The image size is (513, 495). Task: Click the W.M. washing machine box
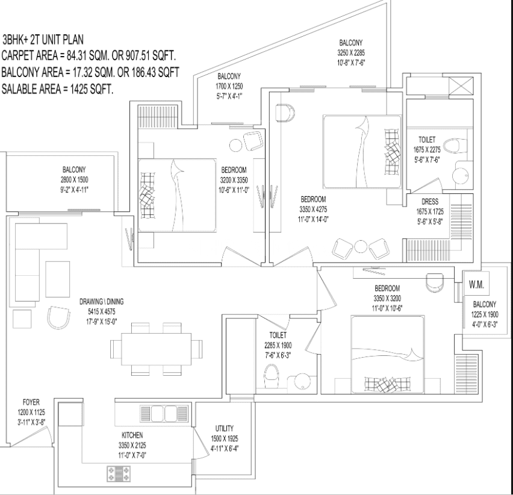click(x=476, y=284)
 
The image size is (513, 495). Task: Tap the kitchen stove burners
click(x=119, y=474)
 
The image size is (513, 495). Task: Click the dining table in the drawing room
click(x=157, y=349)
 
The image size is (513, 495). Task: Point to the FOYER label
click(x=31, y=402)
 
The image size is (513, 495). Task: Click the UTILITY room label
click(x=225, y=428)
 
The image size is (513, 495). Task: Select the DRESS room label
click(x=430, y=202)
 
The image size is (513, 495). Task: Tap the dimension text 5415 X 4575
click(x=101, y=312)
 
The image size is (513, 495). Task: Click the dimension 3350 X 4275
click(x=313, y=210)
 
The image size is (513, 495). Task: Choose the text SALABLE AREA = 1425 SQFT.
click(x=58, y=89)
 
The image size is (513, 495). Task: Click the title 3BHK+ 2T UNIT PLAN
click(x=43, y=40)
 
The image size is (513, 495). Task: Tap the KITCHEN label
click(x=132, y=435)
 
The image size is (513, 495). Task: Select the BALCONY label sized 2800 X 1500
click(x=74, y=169)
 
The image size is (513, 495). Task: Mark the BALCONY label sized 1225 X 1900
click(x=485, y=304)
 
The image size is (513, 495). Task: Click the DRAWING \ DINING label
click(x=102, y=302)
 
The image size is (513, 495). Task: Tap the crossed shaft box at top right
click(x=461, y=86)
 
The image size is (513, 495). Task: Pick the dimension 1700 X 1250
click(x=229, y=86)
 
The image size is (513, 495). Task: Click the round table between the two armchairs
click(x=361, y=246)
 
